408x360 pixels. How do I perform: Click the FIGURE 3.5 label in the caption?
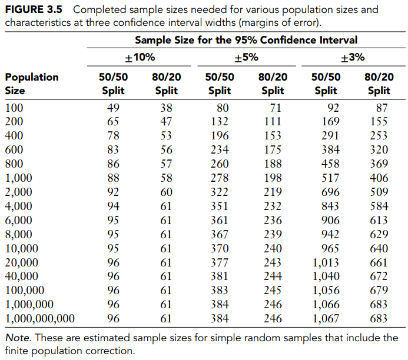tap(34, 9)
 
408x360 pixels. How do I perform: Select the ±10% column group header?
tap(140, 57)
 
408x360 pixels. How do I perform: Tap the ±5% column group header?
tap(246, 57)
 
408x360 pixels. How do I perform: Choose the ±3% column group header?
tap(353, 57)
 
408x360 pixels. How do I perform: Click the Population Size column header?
tap(32, 84)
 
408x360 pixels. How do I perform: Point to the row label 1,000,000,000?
tap(40, 318)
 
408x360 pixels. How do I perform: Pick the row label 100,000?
tap(25, 290)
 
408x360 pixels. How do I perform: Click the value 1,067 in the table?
tap(326, 318)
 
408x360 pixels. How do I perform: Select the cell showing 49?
tap(113, 108)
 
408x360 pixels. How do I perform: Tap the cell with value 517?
tap(330, 178)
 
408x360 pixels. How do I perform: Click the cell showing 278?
tap(220, 178)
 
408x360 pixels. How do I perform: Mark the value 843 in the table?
tap(330, 206)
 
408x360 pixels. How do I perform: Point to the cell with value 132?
tap(220, 121)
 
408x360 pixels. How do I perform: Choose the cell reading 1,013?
tap(326, 262)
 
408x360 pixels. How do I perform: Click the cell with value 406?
tap(379, 178)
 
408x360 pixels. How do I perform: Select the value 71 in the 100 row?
tap(276, 108)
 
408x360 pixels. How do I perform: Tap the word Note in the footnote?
tap(18, 338)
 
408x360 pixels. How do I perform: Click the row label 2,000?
tap(18, 192)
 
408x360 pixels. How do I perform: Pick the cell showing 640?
tap(379, 248)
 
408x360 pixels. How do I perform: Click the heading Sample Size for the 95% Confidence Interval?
tap(246, 40)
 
